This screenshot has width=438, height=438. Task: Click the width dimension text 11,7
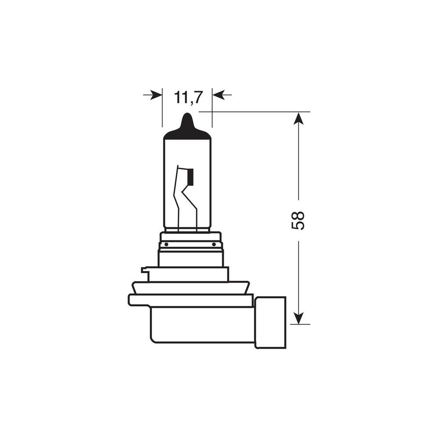click(x=188, y=98)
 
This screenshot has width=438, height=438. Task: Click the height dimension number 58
click(x=298, y=220)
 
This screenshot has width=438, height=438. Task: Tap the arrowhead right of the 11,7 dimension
click(x=218, y=95)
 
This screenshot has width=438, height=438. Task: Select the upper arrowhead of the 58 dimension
click(x=298, y=118)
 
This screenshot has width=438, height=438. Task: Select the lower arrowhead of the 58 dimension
click(x=298, y=318)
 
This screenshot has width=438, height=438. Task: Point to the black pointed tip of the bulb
click(x=187, y=125)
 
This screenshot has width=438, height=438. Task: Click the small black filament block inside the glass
click(x=190, y=176)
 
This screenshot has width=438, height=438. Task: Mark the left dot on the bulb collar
click(x=166, y=244)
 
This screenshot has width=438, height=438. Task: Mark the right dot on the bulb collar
click(x=214, y=244)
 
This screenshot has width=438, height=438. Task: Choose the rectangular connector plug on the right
click(x=270, y=322)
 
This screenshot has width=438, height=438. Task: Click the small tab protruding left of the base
click(x=145, y=271)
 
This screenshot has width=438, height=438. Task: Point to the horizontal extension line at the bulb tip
click(x=254, y=112)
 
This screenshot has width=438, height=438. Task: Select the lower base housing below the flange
click(x=201, y=325)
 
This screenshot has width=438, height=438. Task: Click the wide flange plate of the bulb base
click(x=191, y=300)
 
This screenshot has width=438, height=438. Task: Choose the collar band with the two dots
click(x=191, y=244)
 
